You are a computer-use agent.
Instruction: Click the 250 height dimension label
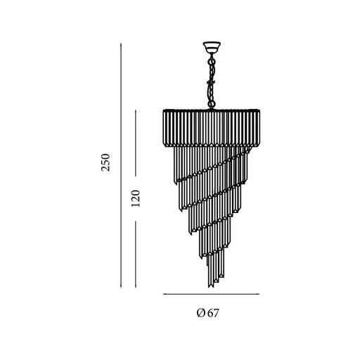point(106,162)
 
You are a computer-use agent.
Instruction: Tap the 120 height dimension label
point(136,198)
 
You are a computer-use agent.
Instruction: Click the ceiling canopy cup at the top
point(211,49)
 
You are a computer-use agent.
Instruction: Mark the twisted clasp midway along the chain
point(210,83)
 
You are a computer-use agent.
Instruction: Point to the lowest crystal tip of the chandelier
point(210,288)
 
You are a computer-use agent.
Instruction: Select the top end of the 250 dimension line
point(121,40)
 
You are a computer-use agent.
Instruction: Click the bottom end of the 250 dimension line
point(121,287)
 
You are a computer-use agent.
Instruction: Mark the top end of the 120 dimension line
point(136,108)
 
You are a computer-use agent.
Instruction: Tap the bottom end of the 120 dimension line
point(136,287)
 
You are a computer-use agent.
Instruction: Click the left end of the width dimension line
point(163,295)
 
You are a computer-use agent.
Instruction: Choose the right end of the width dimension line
point(259,295)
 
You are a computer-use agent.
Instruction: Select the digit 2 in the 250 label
point(106,169)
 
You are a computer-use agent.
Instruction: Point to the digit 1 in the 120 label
point(136,204)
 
